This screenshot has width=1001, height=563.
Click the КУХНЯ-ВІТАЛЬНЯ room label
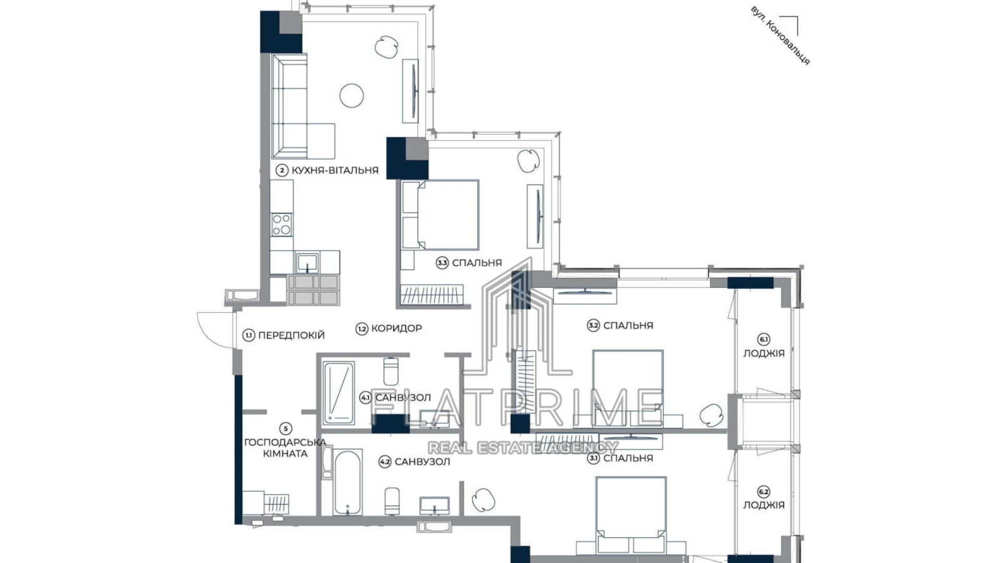click(x=334, y=170)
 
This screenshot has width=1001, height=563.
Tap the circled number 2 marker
click(x=281, y=171)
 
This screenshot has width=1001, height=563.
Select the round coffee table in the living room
click(x=351, y=96)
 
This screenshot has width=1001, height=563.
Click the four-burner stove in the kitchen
click(x=281, y=224)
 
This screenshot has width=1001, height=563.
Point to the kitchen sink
click(x=307, y=264)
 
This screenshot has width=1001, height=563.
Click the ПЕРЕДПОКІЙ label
click(x=291, y=335)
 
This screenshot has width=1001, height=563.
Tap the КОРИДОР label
click(x=396, y=328)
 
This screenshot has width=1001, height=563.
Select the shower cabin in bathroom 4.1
click(x=338, y=393)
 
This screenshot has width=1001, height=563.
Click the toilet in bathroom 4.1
click(x=390, y=371)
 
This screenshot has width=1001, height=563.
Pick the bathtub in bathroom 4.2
click(x=347, y=482)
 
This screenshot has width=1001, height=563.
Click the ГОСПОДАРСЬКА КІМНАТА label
click(x=285, y=448)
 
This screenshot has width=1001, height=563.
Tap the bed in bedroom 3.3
click(x=446, y=215)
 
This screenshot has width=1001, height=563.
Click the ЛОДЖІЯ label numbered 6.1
click(x=763, y=353)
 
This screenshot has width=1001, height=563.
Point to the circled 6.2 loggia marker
click(x=763, y=492)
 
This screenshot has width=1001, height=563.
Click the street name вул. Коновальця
click(x=780, y=36)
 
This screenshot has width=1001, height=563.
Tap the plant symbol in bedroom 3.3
click(x=528, y=160)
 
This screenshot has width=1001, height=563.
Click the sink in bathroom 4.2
click(x=434, y=506)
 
